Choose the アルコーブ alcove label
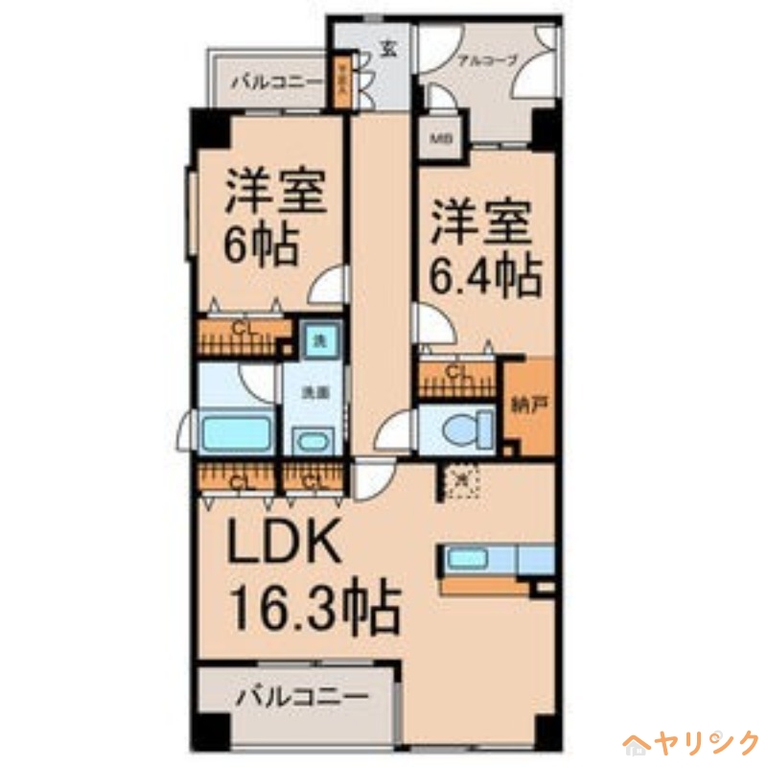click(x=487, y=59)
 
